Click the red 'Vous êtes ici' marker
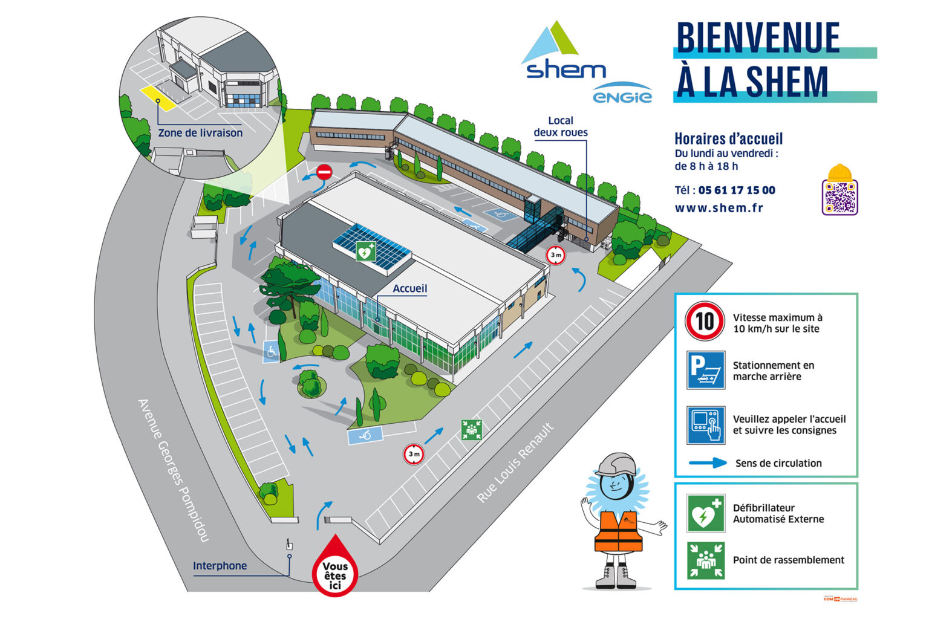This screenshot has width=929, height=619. pyautogui.click(x=335, y=569)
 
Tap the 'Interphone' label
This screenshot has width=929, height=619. pyautogui.click(x=220, y=566)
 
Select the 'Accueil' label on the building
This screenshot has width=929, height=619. pyautogui.click(x=409, y=288)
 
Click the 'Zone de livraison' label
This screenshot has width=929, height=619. pyautogui.click(x=200, y=133)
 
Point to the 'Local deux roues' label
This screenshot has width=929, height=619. pyautogui.click(x=561, y=126)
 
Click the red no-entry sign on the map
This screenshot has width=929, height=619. pyautogui.click(x=324, y=172)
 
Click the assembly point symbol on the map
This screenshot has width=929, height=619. pyautogui.click(x=471, y=430)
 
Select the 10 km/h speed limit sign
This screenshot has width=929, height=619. pyautogui.click(x=705, y=321)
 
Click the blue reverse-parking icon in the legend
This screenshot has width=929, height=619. pyautogui.click(x=705, y=369)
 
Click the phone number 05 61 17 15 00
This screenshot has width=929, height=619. pyautogui.click(x=737, y=190)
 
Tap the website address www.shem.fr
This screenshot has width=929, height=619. pyautogui.click(x=719, y=208)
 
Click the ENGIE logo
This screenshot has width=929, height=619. pyautogui.click(x=622, y=96)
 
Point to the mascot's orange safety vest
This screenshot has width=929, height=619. pyautogui.click(x=618, y=532)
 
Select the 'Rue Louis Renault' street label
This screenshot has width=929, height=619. pyautogui.click(x=515, y=463)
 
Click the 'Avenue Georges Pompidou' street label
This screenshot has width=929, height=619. pyautogui.click(x=173, y=470)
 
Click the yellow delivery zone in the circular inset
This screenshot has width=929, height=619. pyautogui.click(x=158, y=97)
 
